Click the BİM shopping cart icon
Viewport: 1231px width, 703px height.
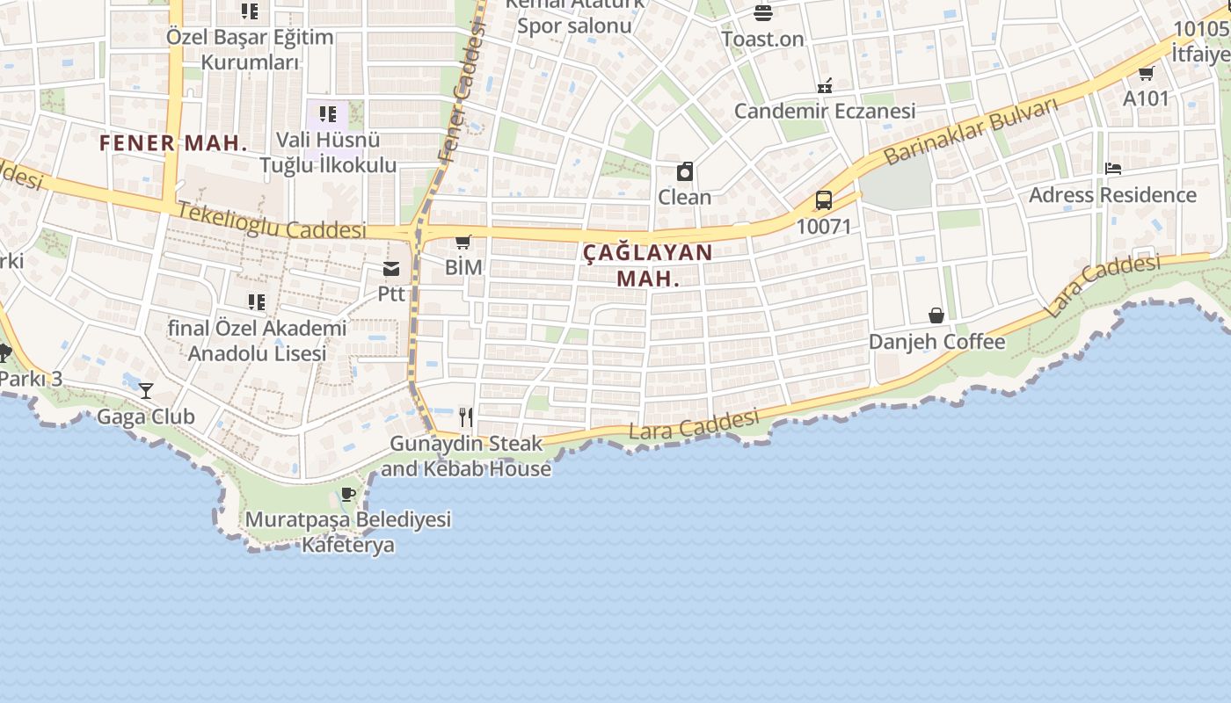point(463,243)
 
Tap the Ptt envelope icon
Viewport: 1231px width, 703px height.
point(391,269)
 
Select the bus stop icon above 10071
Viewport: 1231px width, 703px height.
point(824,200)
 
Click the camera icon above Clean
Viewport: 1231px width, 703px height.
point(685,171)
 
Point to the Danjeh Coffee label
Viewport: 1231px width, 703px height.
point(936,342)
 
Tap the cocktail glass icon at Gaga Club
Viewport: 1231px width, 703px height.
point(146,391)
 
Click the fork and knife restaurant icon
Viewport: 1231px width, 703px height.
point(466,417)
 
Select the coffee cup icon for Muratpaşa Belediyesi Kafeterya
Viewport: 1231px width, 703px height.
point(347,494)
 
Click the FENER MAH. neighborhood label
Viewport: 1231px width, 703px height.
point(173,143)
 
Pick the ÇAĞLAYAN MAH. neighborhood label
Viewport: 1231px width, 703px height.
point(648,265)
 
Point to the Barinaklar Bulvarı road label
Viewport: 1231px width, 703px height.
point(971,133)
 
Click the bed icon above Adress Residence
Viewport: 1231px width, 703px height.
point(1113,169)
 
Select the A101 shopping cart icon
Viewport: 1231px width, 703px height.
point(1146,73)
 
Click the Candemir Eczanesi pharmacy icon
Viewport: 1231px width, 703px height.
point(825,86)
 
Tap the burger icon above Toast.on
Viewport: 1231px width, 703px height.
point(762,13)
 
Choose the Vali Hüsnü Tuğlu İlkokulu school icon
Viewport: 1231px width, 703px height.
point(328,114)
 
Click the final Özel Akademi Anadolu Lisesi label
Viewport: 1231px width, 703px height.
point(258,341)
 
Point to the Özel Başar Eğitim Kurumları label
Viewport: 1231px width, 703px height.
point(250,49)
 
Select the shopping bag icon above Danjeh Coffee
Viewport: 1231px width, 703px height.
point(936,315)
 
